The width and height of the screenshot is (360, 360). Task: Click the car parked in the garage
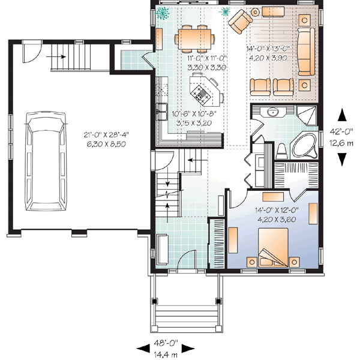click(48, 162)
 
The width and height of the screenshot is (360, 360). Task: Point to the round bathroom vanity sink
click(274, 112)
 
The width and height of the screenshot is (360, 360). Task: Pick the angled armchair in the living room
click(239, 22)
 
